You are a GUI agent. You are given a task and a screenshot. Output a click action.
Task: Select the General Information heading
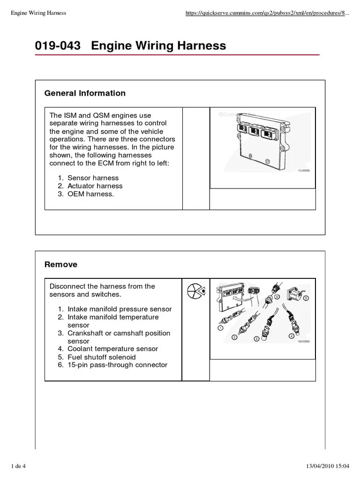[x=85, y=93]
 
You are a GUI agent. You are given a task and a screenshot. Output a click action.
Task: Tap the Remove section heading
[x=61, y=265]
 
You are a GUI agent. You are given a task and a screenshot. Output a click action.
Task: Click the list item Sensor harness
[x=93, y=178]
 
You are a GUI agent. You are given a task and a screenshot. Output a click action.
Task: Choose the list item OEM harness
[x=90, y=194]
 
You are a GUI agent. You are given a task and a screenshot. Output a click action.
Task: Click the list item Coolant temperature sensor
[x=112, y=349]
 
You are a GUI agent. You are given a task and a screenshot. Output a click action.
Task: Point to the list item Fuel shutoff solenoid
[x=102, y=357]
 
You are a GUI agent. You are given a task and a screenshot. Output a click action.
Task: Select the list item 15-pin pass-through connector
[x=117, y=365]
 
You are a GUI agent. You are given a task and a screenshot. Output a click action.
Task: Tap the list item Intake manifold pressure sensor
[x=120, y=309]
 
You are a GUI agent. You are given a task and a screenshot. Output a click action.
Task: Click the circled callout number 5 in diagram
[x=306, y=298]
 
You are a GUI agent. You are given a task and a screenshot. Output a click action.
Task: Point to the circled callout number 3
[x=256, y=338]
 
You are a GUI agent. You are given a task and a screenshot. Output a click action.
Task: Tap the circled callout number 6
[x=277, y=297]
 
